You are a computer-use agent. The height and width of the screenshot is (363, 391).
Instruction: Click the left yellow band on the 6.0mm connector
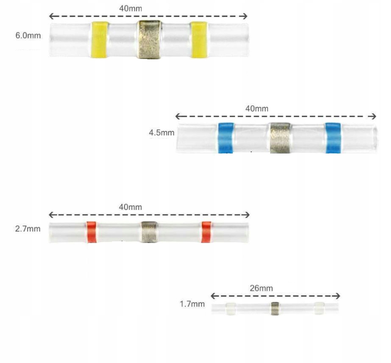99,39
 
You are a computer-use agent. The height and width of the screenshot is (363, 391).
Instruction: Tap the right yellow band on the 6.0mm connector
198,39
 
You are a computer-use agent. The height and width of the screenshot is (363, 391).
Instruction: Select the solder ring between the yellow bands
149,39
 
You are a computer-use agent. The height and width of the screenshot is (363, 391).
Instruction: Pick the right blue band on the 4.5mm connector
333,137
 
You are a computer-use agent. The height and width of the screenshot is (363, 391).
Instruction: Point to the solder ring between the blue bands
280,137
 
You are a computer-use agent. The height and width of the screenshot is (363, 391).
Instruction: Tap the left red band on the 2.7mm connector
91,232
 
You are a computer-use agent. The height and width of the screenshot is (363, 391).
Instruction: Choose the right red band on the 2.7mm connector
206,232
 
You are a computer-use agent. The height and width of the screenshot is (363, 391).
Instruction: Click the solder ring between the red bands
149,232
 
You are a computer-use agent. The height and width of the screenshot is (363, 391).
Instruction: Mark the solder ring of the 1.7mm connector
275,308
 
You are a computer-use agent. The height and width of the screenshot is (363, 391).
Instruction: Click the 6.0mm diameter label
28,36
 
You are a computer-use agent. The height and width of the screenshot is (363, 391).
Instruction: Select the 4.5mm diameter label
161,133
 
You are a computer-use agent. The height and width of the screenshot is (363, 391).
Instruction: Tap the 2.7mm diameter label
28,229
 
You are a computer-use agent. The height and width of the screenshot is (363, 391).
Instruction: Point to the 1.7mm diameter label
192,304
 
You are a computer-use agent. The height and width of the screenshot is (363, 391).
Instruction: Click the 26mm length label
261,288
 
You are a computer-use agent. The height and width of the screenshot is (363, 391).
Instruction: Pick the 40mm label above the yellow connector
130,8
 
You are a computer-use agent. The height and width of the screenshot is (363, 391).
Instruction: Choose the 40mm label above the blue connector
257,109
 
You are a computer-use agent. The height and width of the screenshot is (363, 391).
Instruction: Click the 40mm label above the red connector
130,207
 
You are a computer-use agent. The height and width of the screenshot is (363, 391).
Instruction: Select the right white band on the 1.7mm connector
319,308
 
